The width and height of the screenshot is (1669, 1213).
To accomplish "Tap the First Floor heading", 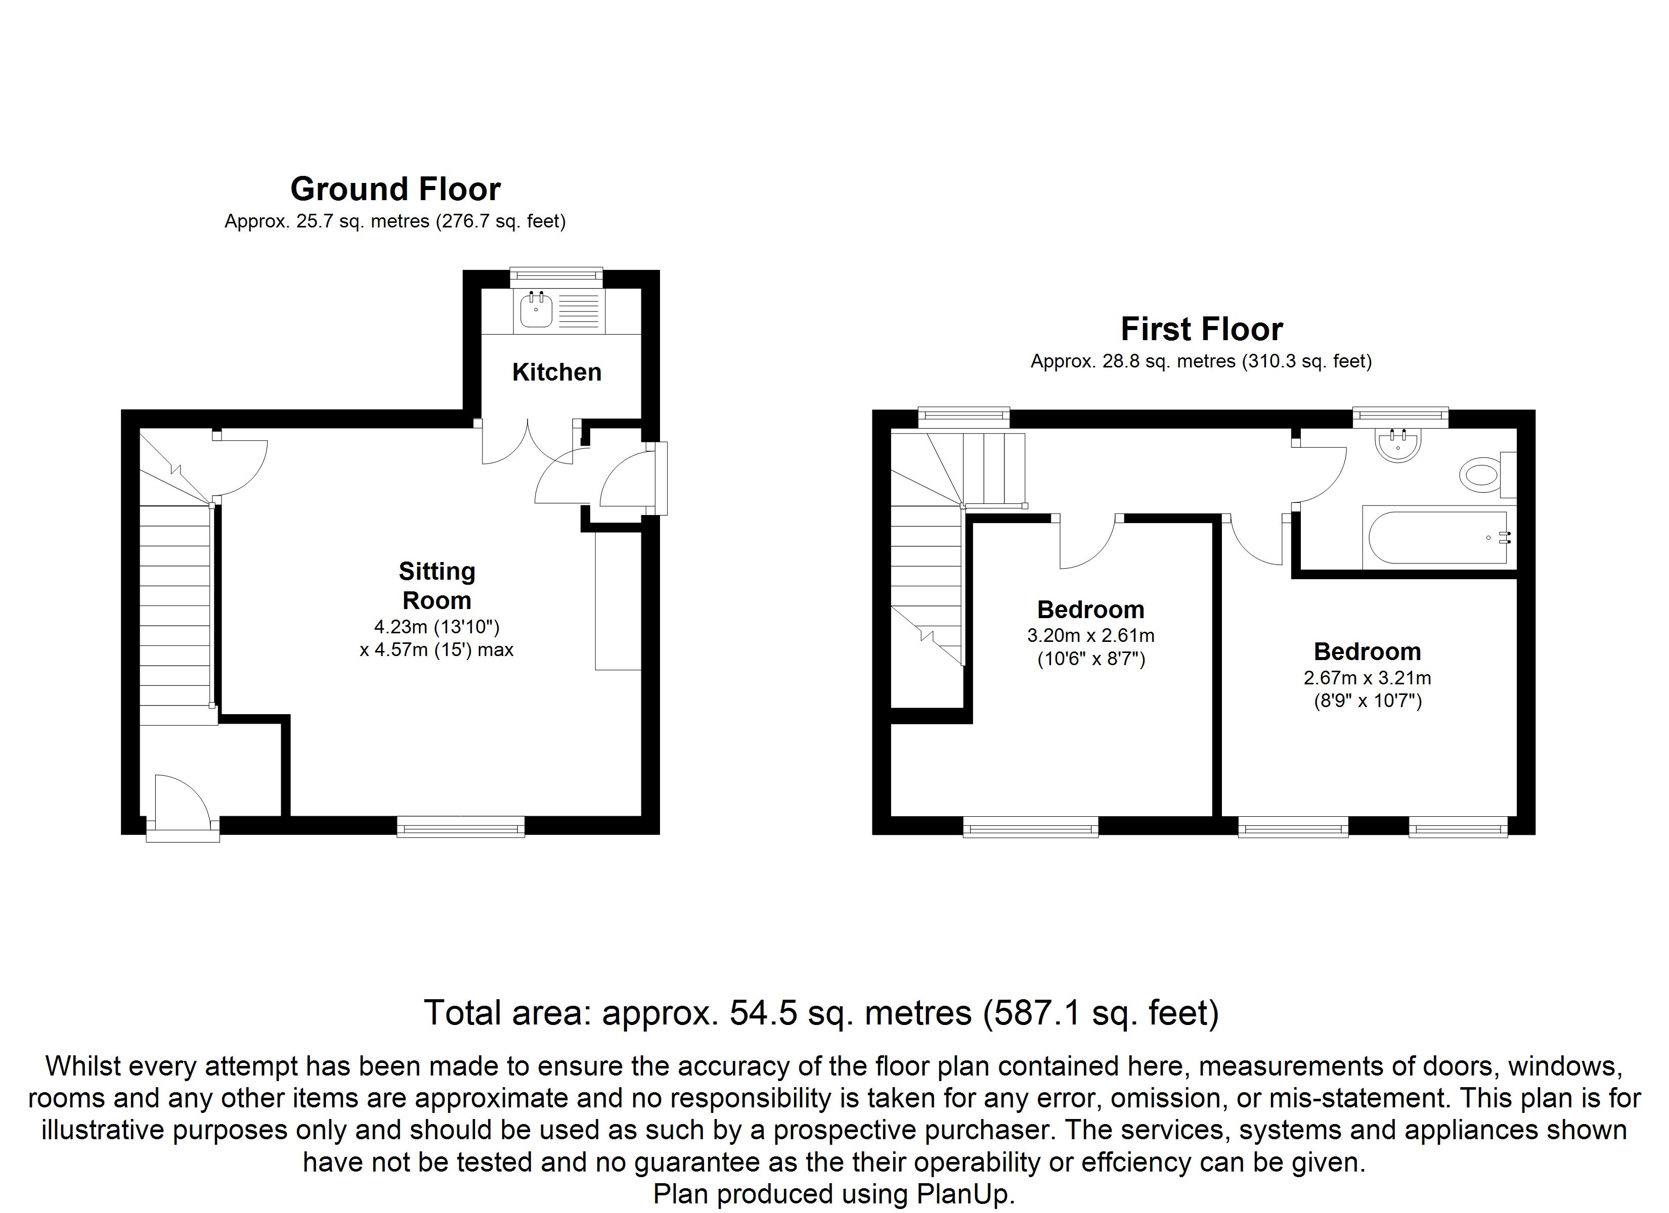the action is pos(1202,329).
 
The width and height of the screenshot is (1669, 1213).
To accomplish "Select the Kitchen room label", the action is pos(556,372).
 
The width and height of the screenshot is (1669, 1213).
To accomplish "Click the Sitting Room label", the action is pos(436,586).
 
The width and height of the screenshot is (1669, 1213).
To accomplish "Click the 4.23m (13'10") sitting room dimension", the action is pos(436,627).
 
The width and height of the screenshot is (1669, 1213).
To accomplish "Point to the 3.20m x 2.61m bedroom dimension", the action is pos(1090,635).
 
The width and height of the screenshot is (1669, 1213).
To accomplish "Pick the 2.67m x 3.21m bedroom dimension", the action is pos(1367,677).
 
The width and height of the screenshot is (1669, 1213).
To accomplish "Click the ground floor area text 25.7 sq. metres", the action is pos(363,221).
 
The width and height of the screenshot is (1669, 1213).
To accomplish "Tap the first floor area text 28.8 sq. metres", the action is pos(1169,361).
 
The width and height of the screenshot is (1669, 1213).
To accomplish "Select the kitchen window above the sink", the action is pos(556,276).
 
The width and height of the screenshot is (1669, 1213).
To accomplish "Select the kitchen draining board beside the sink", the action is pos(579,310).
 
